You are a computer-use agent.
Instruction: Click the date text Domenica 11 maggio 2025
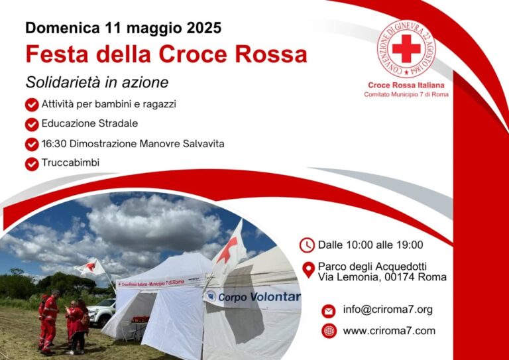123,28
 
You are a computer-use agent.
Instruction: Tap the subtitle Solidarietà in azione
97,82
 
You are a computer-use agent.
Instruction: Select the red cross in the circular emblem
406,48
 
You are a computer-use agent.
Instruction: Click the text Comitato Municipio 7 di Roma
406,94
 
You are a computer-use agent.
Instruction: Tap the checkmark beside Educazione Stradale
32,125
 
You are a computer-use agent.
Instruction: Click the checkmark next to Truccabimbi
32,164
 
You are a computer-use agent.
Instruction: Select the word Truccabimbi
70,162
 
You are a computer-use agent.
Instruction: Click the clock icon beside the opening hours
307,245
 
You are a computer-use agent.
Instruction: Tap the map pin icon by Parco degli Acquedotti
308,270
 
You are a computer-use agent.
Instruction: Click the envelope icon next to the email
329,312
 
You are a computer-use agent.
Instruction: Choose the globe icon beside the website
329,331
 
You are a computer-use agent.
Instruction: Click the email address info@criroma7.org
388,310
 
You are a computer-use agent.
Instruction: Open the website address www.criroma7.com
389,331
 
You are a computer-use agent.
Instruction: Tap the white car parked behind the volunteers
101,312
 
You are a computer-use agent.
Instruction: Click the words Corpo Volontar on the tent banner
259,297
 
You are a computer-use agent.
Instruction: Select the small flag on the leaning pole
89,267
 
